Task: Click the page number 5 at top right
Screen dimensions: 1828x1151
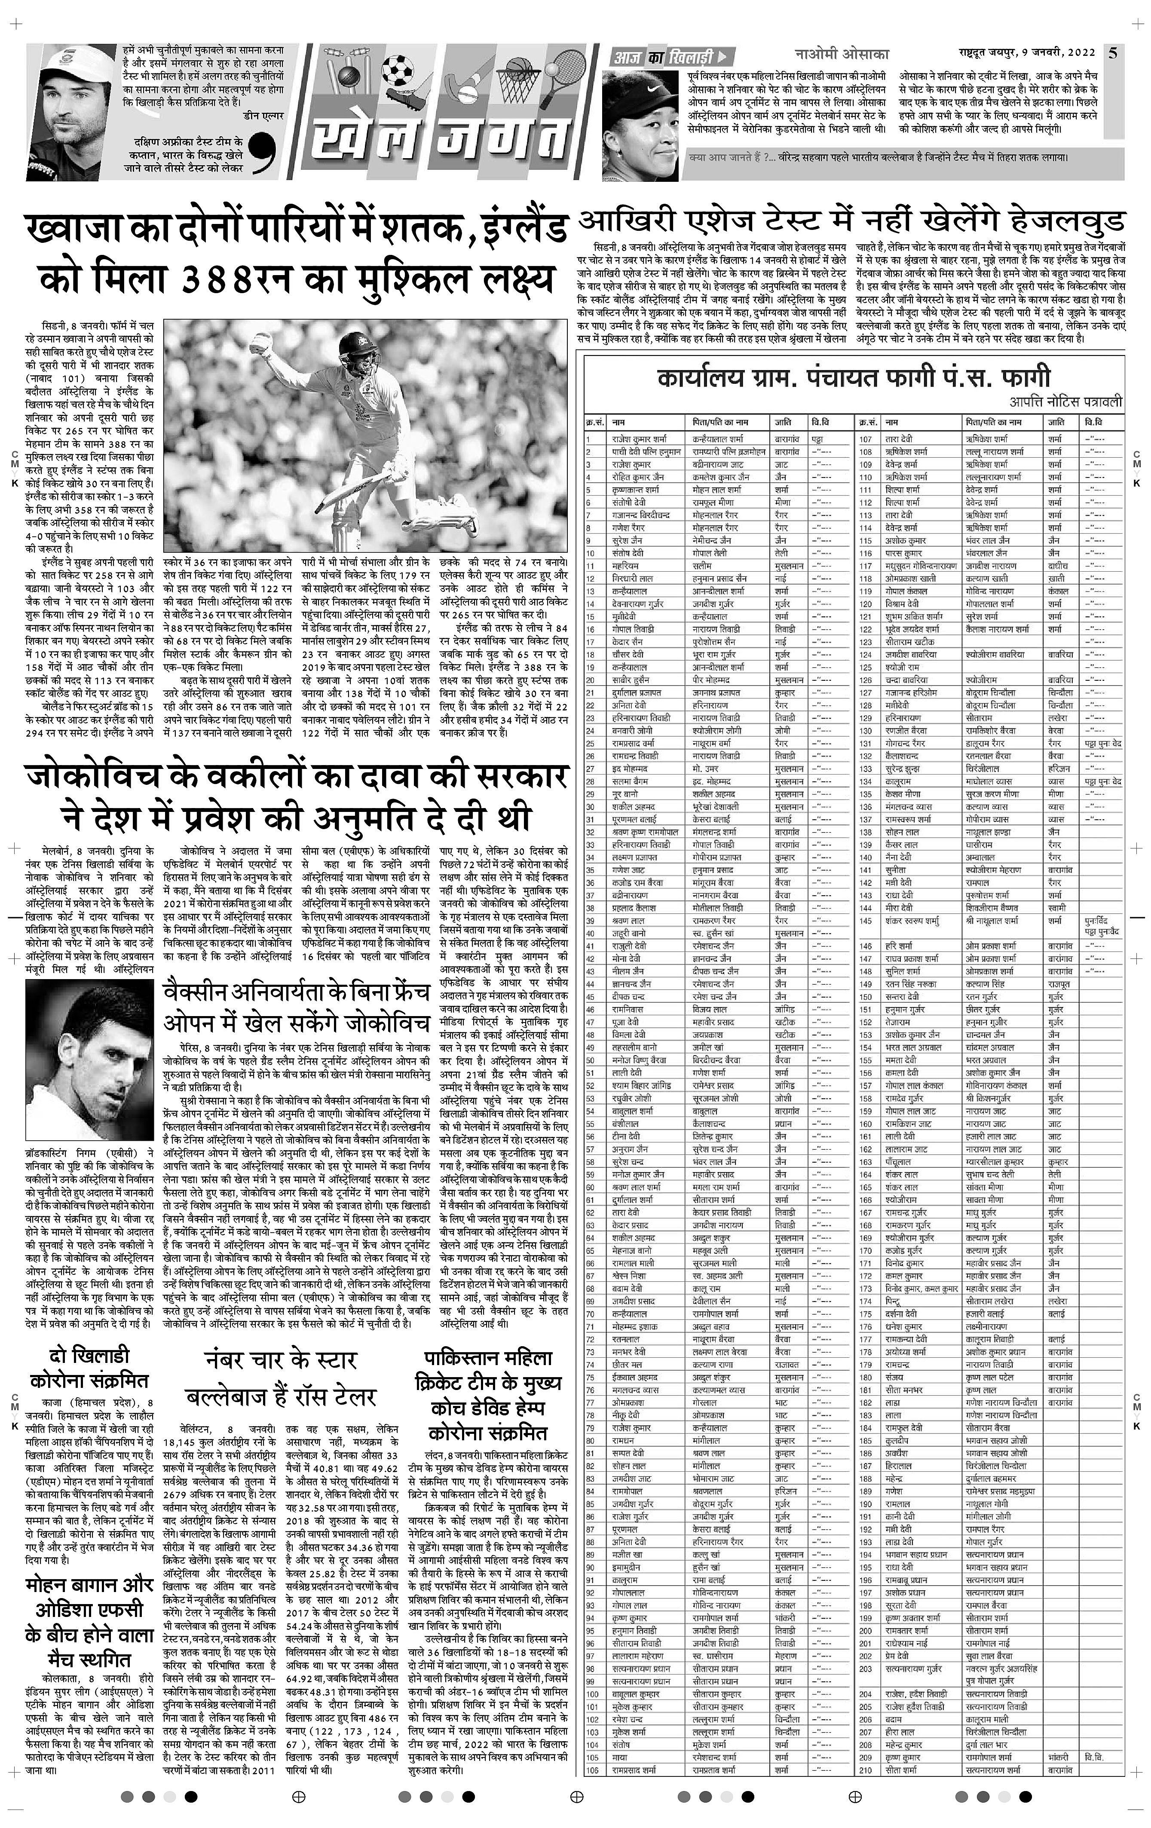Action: click(x=1113, y=53)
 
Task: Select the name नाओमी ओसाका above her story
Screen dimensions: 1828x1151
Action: click(x=841, y=55)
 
